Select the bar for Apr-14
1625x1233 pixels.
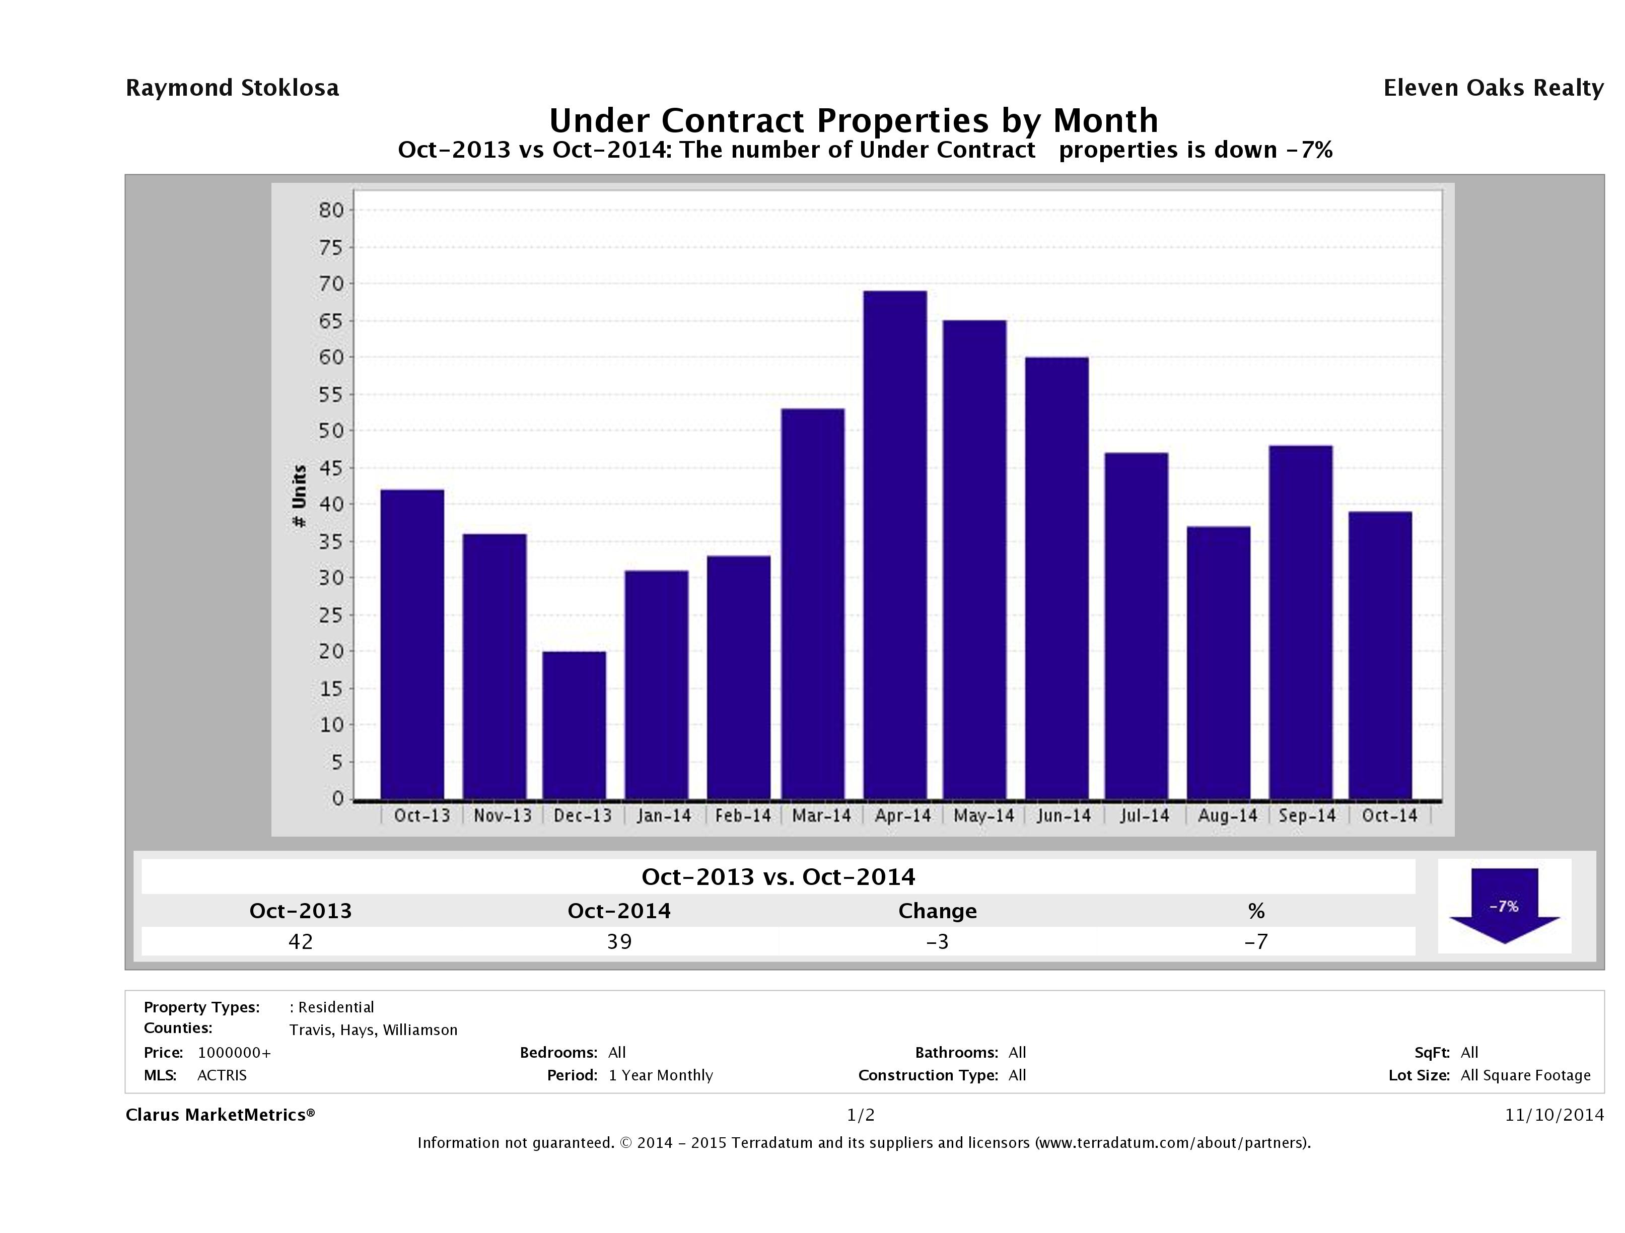895,545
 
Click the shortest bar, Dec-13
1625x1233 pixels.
575,725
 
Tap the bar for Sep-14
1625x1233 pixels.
1300,623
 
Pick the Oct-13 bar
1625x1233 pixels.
412,644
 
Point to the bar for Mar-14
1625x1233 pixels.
813,604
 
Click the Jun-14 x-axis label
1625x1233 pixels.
1064,815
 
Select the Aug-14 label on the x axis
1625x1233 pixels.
1227,815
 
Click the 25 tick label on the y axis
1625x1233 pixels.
331,614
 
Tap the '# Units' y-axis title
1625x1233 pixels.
299,496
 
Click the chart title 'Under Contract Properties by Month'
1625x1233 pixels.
854,120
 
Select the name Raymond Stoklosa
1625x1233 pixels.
232,88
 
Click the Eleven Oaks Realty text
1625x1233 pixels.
1493,88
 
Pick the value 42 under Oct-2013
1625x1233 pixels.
301,941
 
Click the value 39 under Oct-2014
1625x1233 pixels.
619,941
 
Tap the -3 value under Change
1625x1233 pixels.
938,941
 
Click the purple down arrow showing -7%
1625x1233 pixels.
1504,906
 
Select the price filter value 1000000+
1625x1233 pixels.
234,1052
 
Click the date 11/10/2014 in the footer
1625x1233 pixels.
1553,1115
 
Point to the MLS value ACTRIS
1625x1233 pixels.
222,1075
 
